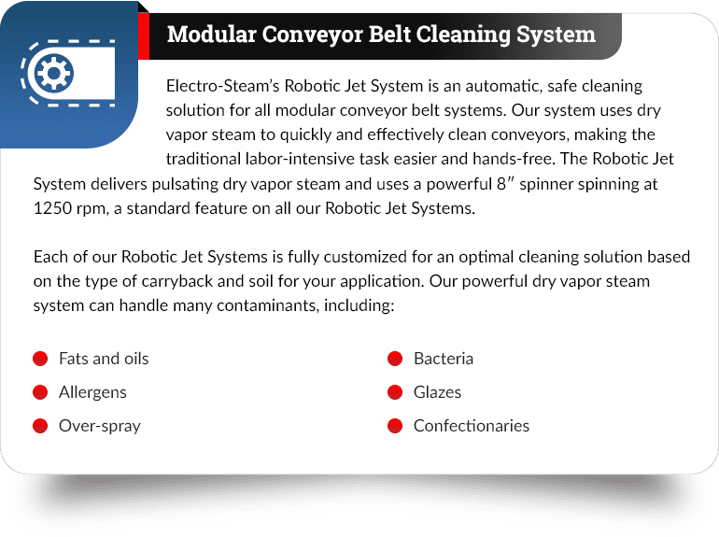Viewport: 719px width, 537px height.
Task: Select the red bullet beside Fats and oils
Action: (x=40, y=359)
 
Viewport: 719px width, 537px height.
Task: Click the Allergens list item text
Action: (x=92, y=392)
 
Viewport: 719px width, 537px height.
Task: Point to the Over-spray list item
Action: (x=99, y=426)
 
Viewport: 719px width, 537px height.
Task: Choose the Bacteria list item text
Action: (x=444, y=359)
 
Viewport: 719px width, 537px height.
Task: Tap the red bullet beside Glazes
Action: (x=395, y=392)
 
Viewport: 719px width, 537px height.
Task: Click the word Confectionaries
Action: (x=472, y=426)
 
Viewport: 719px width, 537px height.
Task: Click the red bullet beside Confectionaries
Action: (x=395, y=426)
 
